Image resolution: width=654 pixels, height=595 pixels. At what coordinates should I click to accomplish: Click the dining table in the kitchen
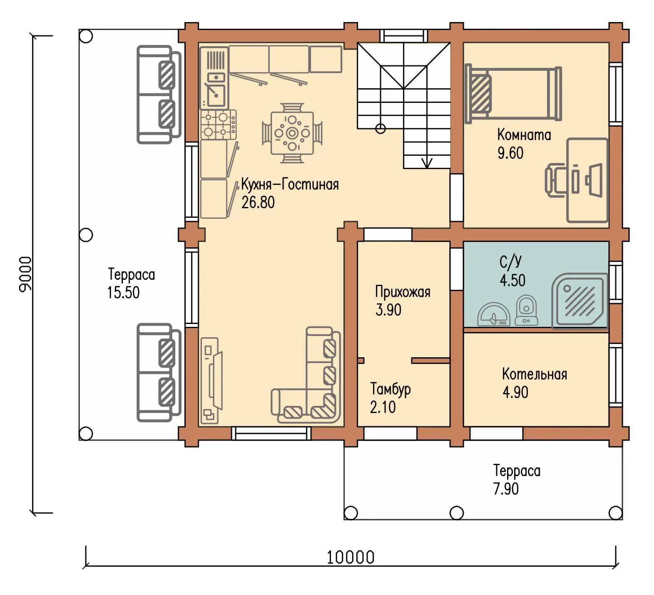[292, 133]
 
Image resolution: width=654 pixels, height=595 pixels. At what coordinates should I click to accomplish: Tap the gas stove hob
[219, 124]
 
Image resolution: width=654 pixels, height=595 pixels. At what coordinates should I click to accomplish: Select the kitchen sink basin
[216, 95]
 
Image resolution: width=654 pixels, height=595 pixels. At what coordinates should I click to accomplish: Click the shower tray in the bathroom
[579, 300]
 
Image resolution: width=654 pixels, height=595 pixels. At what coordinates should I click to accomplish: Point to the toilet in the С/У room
[526, 310]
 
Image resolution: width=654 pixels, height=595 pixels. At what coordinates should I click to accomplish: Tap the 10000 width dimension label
[351, 557]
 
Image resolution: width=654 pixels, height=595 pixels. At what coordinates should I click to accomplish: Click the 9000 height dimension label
[25, 274]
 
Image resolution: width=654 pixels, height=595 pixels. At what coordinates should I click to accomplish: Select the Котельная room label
[535, 374]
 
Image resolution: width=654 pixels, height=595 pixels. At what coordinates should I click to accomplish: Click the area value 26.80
[258, 202]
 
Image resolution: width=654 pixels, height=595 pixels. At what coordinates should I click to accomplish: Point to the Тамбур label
[390, 389]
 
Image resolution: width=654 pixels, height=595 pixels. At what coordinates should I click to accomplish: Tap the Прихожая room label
[403, 292]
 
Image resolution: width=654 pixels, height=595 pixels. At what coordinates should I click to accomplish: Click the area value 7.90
[506, 489]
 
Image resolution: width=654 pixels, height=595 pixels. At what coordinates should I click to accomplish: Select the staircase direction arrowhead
[427, 163]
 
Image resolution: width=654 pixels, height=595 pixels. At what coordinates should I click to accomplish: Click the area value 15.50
[123, 293]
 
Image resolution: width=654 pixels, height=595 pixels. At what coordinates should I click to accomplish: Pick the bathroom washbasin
[494, 314]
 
